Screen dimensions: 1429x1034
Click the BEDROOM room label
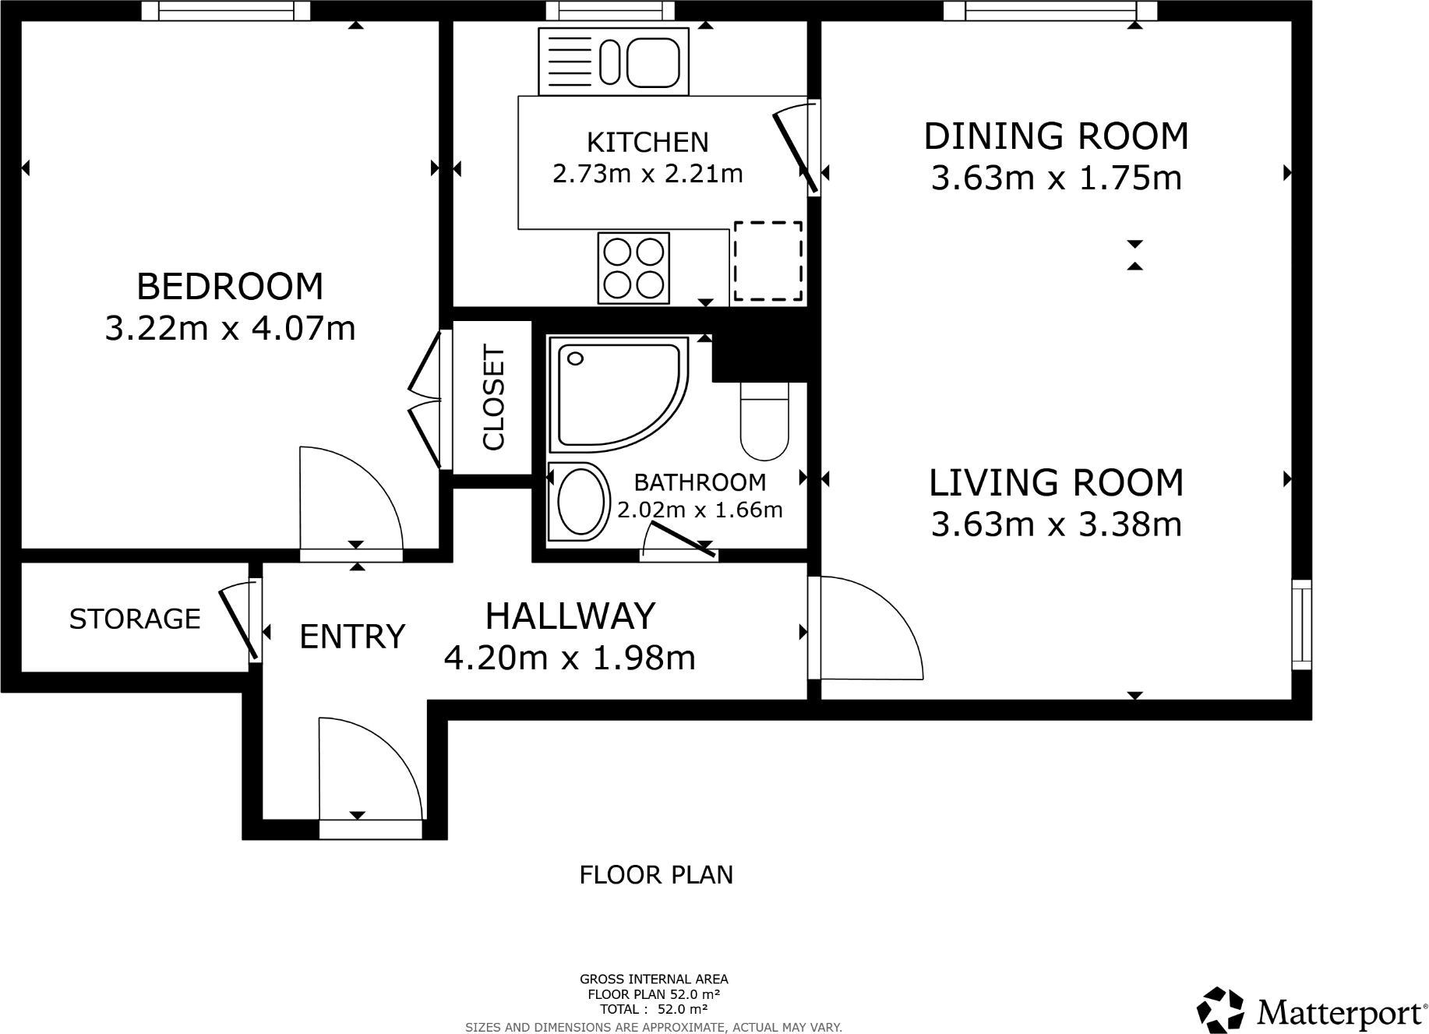(x=230, y=286)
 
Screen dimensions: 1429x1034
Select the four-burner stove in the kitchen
(x=633, y=268)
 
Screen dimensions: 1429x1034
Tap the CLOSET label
(x=494, y=397)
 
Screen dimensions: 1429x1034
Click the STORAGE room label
(x=135, y=619)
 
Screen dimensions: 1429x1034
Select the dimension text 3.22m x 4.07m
(x=230, y=328)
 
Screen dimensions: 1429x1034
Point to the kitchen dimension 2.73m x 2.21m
(x=647, y=173)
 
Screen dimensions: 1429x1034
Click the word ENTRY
(x=352, y=637)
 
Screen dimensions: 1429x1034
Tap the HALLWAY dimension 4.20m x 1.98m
(x=570, y=658)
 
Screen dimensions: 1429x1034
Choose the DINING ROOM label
(x=1057, y=136)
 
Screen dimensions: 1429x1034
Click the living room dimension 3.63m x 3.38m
(x=1057, y=524)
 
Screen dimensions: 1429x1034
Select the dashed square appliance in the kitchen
(x=768, y=261)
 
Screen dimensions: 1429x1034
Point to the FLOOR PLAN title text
(x=656, y=875)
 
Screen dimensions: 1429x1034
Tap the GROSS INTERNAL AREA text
(x=654, y=979)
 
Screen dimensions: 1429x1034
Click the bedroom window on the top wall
(x=226, y=10)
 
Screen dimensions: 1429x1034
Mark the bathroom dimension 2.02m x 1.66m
(x=700, y=510)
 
